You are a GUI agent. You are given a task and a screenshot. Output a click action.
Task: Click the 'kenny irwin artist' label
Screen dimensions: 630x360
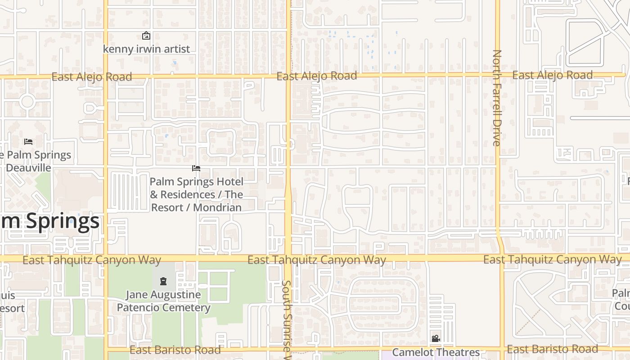pos(146,49)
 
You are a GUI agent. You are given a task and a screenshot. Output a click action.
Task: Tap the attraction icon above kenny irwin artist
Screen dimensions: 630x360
pos(146,36)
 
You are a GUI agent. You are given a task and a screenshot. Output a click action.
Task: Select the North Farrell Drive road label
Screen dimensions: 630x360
pos(497,98)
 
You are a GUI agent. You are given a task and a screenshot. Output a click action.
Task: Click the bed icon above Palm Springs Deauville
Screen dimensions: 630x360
pos(28,142)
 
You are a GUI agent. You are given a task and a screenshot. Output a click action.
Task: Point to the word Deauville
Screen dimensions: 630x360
pos(28,167)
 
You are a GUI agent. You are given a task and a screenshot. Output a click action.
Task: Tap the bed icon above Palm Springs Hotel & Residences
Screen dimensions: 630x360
pos(196,168)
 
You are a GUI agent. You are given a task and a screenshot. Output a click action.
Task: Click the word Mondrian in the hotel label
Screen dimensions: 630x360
pos(218,207)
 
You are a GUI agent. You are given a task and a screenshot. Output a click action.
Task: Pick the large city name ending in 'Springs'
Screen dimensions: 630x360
pos(49,221)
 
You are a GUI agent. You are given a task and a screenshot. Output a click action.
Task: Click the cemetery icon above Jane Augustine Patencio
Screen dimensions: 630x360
pos(163,281)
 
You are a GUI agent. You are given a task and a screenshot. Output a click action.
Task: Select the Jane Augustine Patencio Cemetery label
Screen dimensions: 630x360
pos(164,301)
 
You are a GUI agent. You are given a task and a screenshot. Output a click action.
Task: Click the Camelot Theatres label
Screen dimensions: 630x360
pos(436,352)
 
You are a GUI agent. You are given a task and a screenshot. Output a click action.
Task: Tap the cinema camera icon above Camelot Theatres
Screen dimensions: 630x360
pos(436,338)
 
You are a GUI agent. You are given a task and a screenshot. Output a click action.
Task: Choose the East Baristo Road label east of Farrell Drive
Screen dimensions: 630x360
pos(552,349)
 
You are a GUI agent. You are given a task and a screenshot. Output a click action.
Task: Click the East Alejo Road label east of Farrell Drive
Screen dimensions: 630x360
pos(552,75)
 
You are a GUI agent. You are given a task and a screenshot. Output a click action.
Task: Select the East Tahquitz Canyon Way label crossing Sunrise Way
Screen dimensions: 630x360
pos(316,260)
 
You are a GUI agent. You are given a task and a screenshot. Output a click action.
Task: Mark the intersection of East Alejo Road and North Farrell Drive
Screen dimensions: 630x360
pos(497,75)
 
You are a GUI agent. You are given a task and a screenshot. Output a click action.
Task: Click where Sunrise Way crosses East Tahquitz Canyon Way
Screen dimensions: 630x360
pos(288,258)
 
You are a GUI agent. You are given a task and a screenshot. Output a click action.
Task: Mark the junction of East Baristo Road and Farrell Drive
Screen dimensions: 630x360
pos(502,349)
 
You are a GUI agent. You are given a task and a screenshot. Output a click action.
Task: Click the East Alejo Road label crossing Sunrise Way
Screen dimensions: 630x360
pos(316,76)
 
